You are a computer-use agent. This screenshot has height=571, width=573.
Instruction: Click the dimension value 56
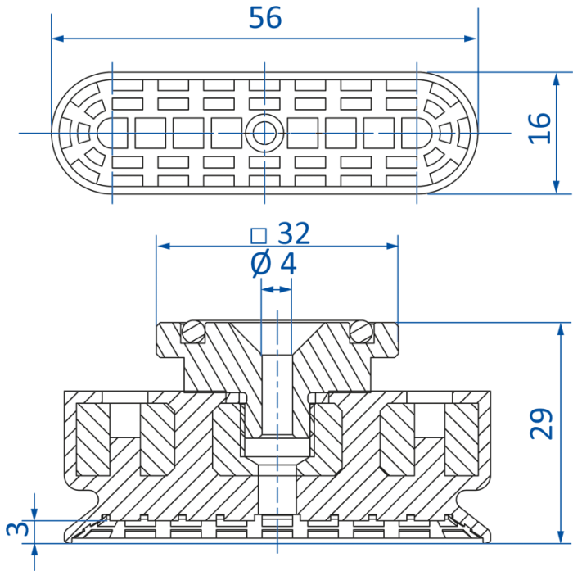(265, 17)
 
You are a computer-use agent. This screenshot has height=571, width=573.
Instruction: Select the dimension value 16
(539, 129)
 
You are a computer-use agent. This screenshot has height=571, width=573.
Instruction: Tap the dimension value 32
(294, 233)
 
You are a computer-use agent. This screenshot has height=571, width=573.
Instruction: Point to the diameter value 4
(288, 263)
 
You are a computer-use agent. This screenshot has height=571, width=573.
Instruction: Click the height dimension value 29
(541, 424)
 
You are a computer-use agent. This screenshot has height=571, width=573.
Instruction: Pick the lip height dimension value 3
(17, 528)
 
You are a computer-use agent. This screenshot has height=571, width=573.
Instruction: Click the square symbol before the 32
(259, 236)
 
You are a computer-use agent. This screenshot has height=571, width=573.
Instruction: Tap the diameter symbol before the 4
(261, 263)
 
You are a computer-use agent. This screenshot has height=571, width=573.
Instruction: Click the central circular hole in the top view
(264, 134)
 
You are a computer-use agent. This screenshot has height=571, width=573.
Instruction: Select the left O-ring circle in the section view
(193, 332)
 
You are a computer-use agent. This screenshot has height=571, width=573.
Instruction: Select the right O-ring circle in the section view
(361, 332)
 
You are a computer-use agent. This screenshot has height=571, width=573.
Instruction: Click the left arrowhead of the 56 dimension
(58, 39)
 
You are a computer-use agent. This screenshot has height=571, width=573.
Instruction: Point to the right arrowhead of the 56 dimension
(471, 39)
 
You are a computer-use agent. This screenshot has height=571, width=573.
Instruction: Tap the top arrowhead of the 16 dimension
(556, 79)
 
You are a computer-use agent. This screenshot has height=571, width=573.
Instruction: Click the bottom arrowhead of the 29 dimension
(561, 537)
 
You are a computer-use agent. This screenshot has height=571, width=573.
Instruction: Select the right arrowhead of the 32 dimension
(392, 247)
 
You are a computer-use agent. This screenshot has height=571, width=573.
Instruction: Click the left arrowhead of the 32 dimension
(164, 247)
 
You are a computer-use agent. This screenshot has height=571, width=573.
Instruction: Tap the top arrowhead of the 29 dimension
(561, 329)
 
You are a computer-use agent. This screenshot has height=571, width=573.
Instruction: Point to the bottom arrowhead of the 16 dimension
(556, 187)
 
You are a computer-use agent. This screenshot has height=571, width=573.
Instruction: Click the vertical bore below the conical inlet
(277, 395)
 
